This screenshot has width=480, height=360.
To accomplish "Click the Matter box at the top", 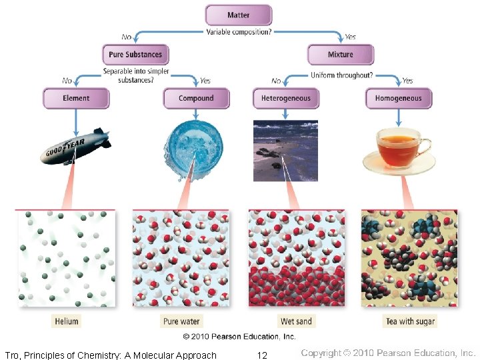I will pyautogui.click(x=238, y=15).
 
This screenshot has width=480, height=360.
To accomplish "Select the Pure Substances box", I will pyautogui.click(x=135, y=55).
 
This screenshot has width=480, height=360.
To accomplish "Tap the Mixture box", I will pyautogui.click(x=340, y=55).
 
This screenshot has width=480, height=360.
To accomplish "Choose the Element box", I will pyautogui.click(x=76, y=99).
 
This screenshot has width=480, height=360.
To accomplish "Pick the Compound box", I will pyautogui.click(x=196, y=99).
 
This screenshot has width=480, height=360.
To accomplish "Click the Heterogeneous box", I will pyautogui.click(x=285, y=99).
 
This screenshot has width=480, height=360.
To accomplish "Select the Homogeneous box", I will pyautogui.click(x=398, y=99).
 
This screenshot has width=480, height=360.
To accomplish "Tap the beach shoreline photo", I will pyautogui.click(x=285, y=151).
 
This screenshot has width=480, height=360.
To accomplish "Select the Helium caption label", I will pyautogui.click(x=67, y=321).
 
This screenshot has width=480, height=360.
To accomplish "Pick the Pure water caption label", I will pyautogui.click(x=181, y=321).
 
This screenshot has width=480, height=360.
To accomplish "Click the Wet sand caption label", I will pyautogui.click(x=295, y=321).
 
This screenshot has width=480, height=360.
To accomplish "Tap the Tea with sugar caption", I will pyautogui.click(x=410, y=321).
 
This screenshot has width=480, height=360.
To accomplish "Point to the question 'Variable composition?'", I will pyautogui.click(x=239, y=31).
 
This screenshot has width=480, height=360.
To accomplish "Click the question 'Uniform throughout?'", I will pyautogui.click(x=342, y=75).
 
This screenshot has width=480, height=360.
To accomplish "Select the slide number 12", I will pyautogui.click(x=262, y=355).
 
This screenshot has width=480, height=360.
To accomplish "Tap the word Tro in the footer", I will pyautogui.click(x=12, y=355).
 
